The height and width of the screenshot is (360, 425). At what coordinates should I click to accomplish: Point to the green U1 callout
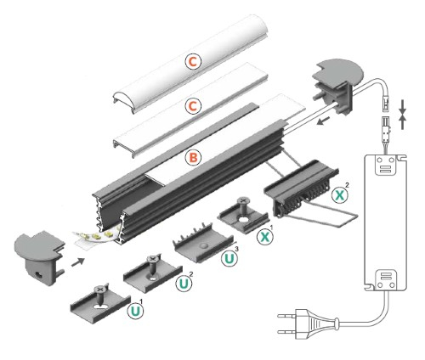click(134, 312)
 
